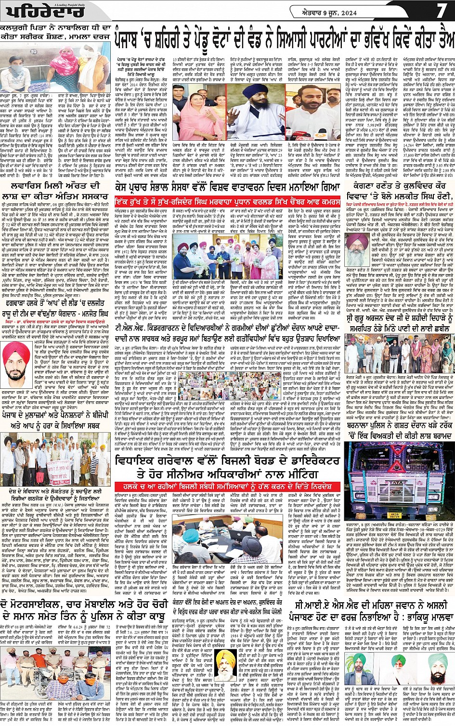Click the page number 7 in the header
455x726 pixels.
(x=441, y=11)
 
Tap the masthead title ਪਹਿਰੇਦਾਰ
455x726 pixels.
(x=30, y=12)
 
